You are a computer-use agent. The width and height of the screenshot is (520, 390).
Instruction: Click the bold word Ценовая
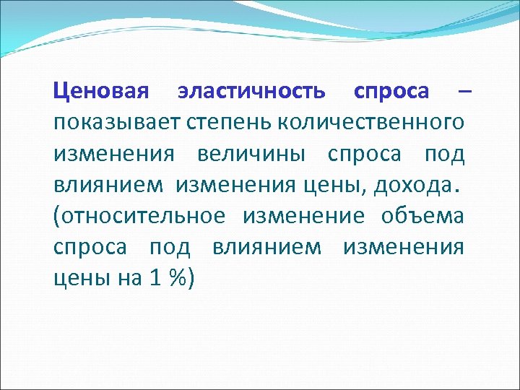point(101,92)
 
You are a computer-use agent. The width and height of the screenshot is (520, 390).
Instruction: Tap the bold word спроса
point(391,92)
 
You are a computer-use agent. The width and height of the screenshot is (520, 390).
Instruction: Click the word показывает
point(114,123)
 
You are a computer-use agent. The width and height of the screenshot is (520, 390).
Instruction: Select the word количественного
point(368,123)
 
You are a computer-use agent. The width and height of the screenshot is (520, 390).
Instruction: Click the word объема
point(422,216)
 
